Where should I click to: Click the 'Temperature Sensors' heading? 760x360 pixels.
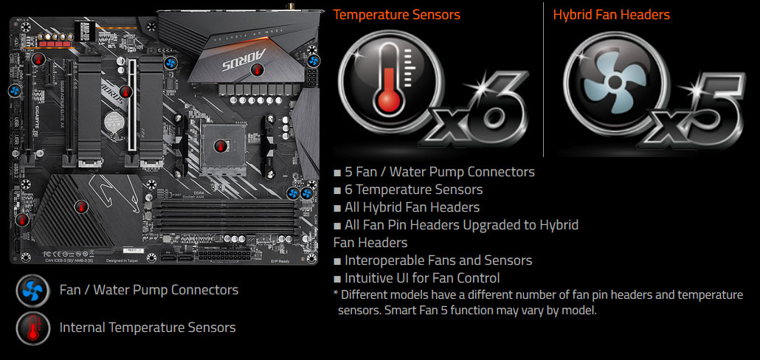coord(396,15)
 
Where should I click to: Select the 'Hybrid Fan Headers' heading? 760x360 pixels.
coord(612,15)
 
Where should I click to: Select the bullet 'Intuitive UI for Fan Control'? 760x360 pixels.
coord(422,278)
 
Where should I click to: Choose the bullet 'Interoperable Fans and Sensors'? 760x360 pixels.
coord(438,260)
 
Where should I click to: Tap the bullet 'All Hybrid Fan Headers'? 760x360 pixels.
coord(412,207)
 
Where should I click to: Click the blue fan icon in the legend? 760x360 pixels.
coord(32,290)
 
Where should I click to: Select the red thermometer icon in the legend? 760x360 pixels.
coord(32,327)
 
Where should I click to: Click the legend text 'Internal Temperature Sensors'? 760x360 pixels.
coord(148,327)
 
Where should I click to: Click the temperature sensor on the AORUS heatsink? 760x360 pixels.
coord(258,69)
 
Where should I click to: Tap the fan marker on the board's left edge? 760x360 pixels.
coord(13,91)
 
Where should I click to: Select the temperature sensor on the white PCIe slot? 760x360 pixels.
coord(126,91)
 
